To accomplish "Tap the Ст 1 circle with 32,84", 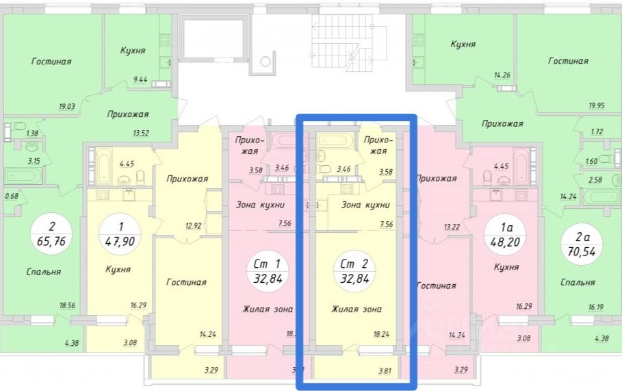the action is click(267, 271).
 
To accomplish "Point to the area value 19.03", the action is click(67, 106).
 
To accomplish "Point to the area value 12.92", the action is click(194, 226).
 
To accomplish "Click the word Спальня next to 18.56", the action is click(43, 271).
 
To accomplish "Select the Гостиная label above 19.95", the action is click(568, 61).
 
